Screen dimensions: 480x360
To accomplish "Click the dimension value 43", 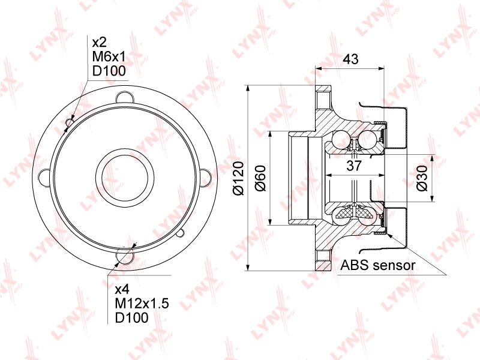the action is pos(350,59).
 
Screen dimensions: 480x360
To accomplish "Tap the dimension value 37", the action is pos(354,166).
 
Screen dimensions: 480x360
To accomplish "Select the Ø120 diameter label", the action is pos(238,178).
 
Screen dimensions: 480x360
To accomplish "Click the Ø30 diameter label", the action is pos(422,178).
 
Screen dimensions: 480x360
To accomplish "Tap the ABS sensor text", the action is pos(378,265).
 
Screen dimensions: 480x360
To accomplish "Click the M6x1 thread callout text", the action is pos(109,56).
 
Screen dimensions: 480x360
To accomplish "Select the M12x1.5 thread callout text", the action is pos(142,304).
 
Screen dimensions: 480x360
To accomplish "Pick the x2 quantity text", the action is pos(99,42).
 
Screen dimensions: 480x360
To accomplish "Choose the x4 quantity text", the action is pos(122,289).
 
